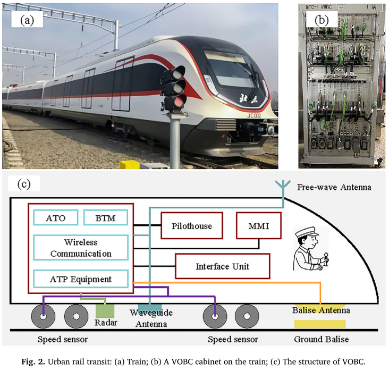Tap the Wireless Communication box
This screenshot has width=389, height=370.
coord(81,248)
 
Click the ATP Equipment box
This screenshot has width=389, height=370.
coord(81,279)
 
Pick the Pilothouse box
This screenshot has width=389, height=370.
coord(192,226)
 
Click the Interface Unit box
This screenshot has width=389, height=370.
coord(222,266)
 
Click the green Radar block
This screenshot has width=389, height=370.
coord(105,311)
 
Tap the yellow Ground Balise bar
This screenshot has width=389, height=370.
coord(319,324)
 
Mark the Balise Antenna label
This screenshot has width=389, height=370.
coord(321,310)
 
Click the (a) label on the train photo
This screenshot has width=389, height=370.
coord(27,21)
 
